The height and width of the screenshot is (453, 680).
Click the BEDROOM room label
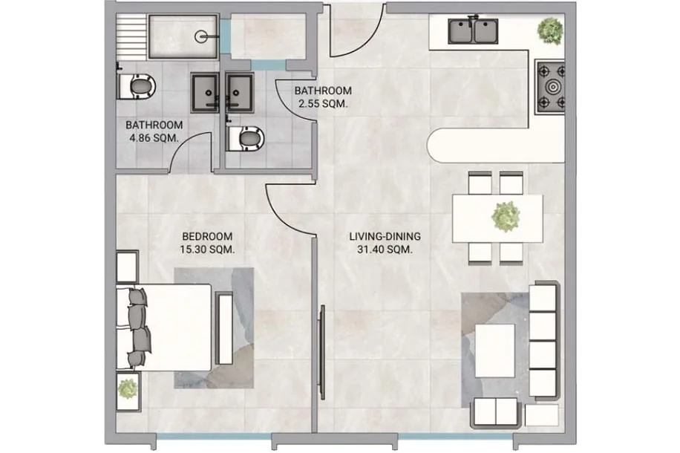pos(207,236)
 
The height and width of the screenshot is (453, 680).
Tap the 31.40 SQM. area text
pos(385,250)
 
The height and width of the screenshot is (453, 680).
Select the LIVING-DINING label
pos(385,236)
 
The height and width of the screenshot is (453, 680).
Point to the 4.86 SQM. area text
pos(154,138)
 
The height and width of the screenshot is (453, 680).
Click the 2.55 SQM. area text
pos(323,104)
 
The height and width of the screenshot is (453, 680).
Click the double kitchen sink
pos(473,30)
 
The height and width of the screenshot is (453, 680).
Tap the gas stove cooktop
pos(551,86)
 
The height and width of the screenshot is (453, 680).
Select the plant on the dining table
pos(506,216)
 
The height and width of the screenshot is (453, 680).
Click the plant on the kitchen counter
pos(550,30)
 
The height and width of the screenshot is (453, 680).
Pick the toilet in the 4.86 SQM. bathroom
pos(137,86)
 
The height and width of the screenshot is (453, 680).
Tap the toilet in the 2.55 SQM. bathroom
pos(246,138)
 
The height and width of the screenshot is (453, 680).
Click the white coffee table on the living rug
pos(495,351)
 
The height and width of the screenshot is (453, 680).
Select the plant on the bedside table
pos(128,389)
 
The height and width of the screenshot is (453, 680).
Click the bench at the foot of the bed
pos(224,328)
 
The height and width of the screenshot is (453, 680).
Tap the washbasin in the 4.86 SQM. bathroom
pos(205,92)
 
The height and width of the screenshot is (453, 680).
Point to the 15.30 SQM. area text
pos(207,250)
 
